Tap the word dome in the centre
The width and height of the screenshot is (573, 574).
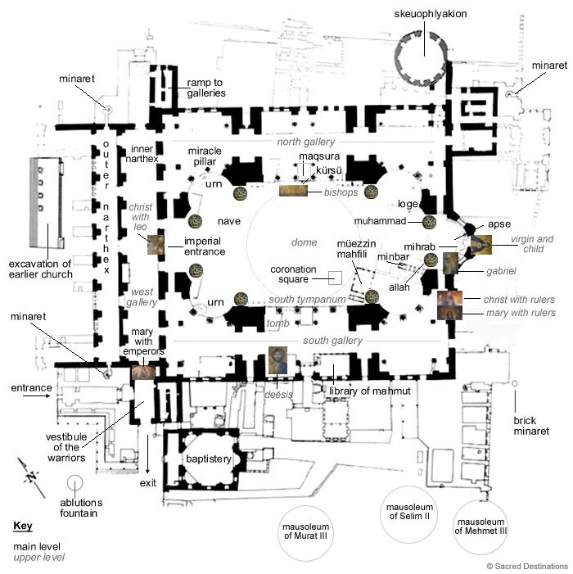pos(304,242)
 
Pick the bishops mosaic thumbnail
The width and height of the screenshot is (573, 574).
pos(293,191)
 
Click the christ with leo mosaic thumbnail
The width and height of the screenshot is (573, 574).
pos(155,244)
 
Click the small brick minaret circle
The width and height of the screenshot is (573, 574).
pos(514,383)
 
